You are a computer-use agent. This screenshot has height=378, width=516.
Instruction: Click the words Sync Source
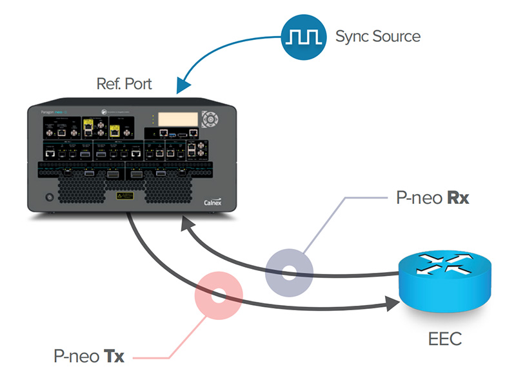377,36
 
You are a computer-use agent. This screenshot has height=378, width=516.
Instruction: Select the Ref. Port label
124,84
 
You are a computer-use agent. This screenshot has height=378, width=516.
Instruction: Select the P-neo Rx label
433,197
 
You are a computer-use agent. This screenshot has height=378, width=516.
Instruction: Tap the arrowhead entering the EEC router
394,301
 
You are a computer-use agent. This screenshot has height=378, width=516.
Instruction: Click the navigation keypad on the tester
210,121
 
